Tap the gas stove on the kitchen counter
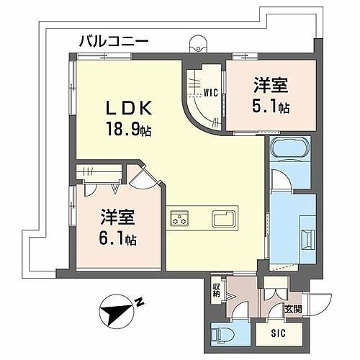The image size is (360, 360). [x=179, y=219]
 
